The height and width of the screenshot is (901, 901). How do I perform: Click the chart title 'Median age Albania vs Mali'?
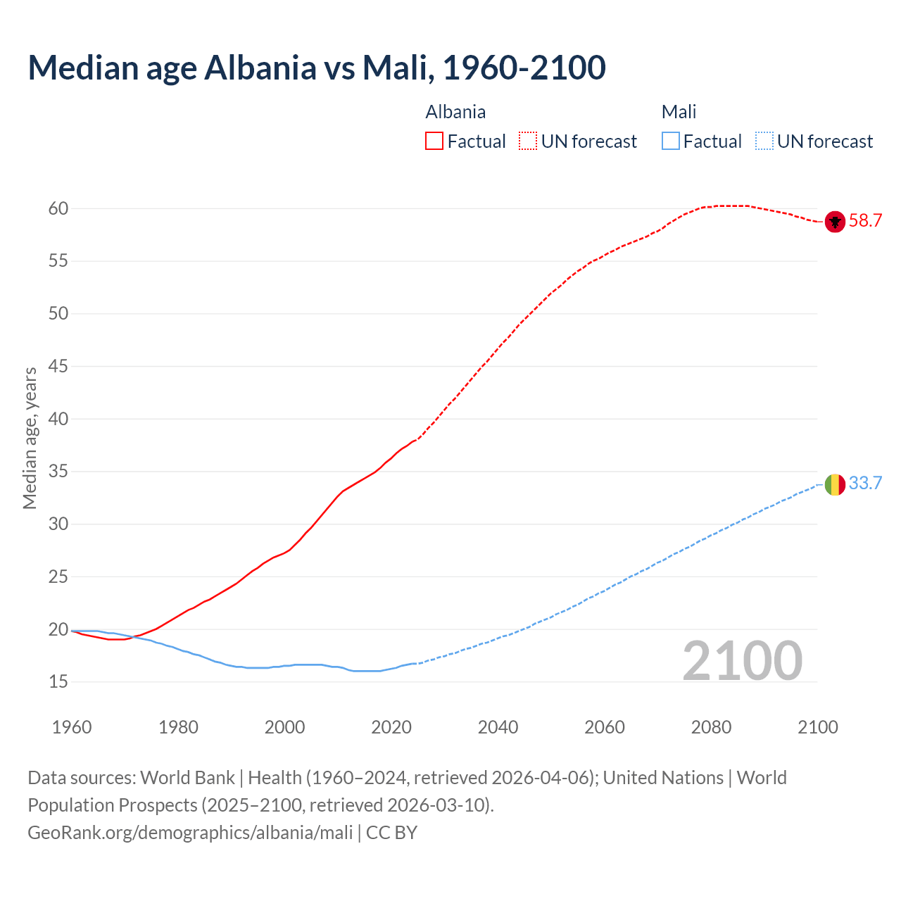coord(316,68)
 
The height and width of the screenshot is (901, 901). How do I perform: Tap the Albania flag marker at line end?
coord(835,221)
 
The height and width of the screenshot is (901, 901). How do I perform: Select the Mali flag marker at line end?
coord(835,484)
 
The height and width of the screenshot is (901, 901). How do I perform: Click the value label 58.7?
coord(865,221)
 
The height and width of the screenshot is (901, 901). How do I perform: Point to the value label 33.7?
coord(865,484)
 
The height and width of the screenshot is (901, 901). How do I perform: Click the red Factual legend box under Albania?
coord(434,141)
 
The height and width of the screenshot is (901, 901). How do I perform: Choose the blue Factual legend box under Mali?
coord(671,141)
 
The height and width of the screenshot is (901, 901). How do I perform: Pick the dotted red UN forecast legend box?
coord(528,141)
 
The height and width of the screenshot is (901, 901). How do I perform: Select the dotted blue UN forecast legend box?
coord(764,141)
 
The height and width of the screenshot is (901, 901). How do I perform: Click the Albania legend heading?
coord(455,112)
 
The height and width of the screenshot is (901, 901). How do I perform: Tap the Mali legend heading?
coord(679,112)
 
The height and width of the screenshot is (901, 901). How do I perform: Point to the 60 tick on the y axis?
coord(58,208)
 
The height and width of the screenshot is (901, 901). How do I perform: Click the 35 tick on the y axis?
coord(58,472)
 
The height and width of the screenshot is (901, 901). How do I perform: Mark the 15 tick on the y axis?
coord(58,681)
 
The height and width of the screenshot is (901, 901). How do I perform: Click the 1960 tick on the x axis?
coord(72,727)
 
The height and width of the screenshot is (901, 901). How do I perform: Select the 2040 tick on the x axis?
coord(498,727)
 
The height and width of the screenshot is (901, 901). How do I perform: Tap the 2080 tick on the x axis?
coord(711,727)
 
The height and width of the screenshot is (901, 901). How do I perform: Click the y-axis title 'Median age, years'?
coord(30,438)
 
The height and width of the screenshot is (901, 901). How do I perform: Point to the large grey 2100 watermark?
coord(742,660)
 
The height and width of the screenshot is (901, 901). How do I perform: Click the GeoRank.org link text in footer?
coord(190,833)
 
